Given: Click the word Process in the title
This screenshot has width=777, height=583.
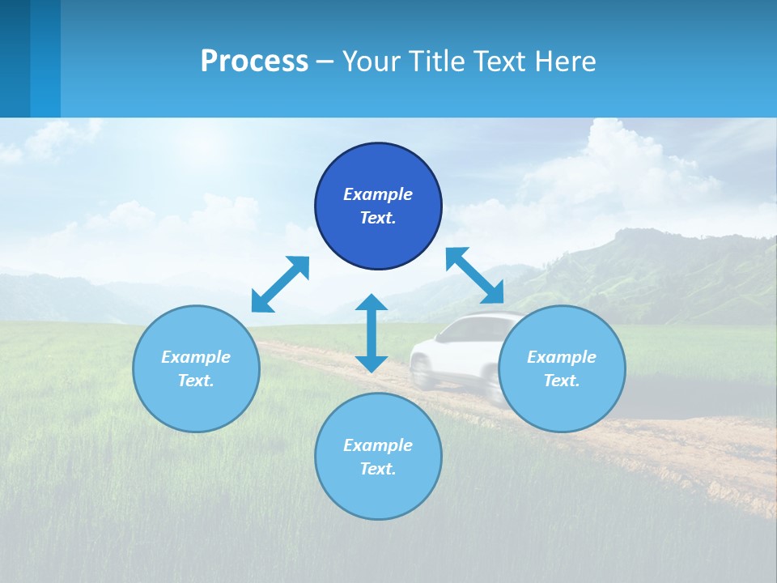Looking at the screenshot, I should [x=254, y=62].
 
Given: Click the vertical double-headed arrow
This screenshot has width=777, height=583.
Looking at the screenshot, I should [x=372, y=333].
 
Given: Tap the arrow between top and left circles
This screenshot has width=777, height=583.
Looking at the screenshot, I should [x=280, y=284].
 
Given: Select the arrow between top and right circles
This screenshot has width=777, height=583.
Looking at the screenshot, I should [x=474, y=274].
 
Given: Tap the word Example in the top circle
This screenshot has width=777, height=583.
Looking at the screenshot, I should [x=378, y=194].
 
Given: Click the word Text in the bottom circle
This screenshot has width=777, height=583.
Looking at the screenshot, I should [x=378, y=469].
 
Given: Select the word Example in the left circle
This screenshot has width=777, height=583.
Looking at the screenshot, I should [x=196, y=357].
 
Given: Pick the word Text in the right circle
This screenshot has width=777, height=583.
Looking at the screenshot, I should [x=562, y=381].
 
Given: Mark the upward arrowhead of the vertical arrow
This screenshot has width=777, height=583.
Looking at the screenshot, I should [x=372, y=303].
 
